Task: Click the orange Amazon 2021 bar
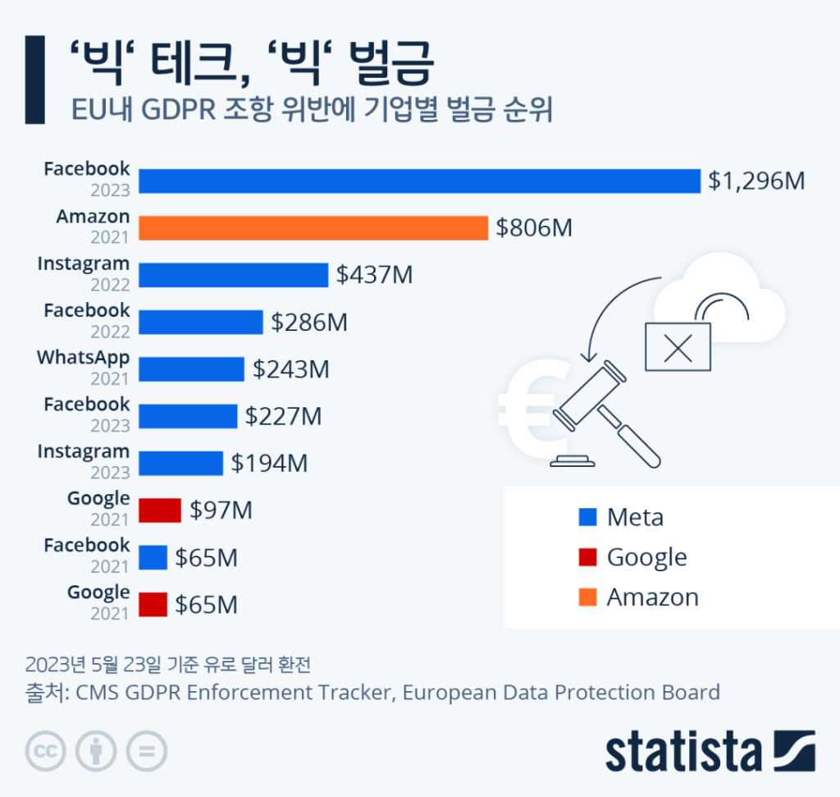click(x=313, y=227)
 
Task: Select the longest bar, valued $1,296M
click(x=419, y=181)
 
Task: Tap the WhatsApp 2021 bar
click(x=191, y=369)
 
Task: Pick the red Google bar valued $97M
click(x=159, y=510)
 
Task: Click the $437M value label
click(x=374, y=275)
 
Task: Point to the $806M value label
click(x=533, y=227)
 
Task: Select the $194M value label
click(x=269, y=464)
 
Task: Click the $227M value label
click(x=283, y=416)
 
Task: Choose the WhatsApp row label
click(x=83, y=359)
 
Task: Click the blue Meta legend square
click(x=587, y=518)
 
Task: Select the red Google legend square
click(x=587, y=557)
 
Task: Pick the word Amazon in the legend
click(x=652, y=597)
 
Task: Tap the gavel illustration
click(x=603, y=415)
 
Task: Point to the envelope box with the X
click(x=678, y=346)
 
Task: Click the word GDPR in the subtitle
click(x=176, y=110)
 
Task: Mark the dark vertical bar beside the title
click(x=34, y=79)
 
